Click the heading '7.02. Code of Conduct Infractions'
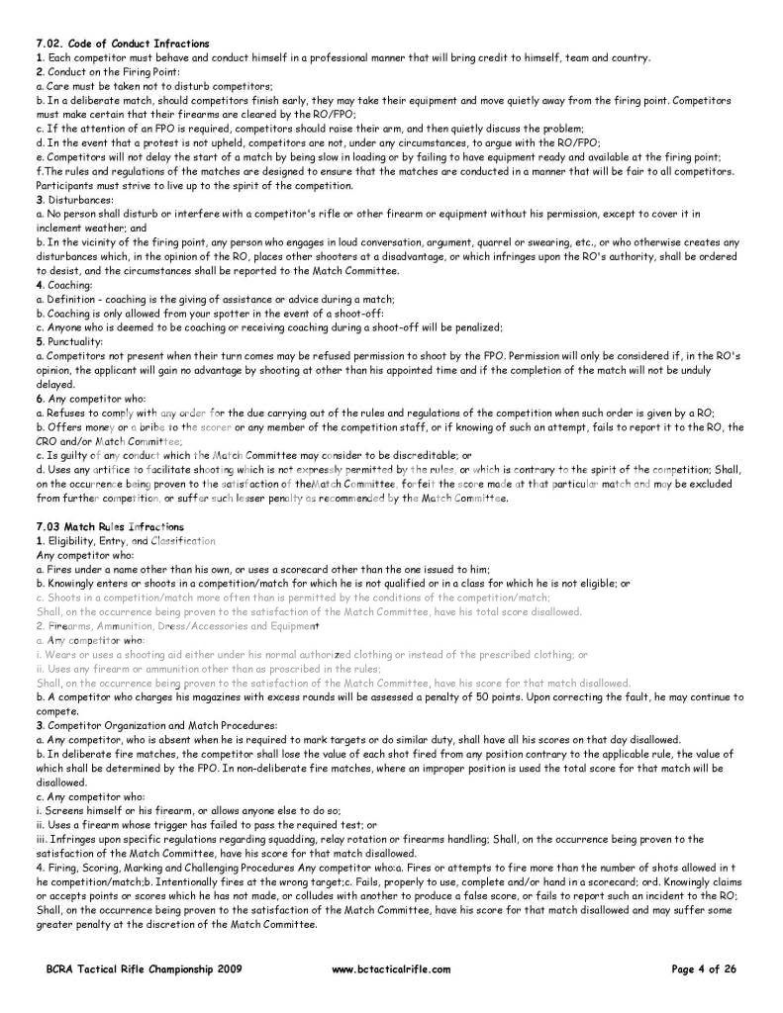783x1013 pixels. tap(123, 44)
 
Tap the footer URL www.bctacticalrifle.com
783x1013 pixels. tap(391, 969)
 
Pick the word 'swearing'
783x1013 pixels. tap(500, 242)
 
